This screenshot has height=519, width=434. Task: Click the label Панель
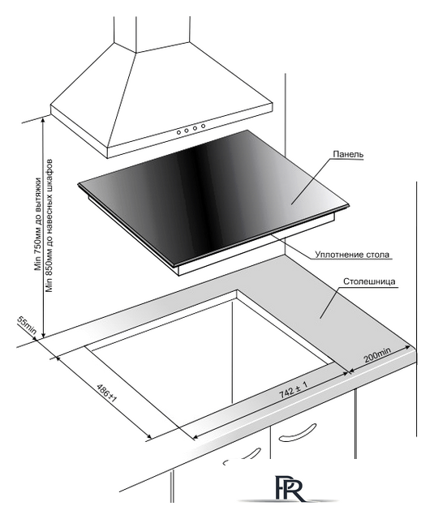348,154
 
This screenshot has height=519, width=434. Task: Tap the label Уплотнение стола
352,255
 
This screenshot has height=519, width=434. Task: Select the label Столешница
369,281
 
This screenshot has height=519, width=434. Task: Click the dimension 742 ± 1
294,389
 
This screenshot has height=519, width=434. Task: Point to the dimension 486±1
106,393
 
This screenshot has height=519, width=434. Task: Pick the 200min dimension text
377,355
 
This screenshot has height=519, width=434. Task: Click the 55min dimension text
27,325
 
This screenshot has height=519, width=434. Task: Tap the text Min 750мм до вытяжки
38,225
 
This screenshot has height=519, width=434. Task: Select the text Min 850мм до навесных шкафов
49,226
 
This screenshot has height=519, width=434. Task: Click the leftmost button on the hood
178,132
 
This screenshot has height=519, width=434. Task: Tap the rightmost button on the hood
203,126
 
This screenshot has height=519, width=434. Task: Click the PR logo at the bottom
288,491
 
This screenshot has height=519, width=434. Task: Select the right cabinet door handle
297,432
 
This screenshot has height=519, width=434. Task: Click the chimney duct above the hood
152,34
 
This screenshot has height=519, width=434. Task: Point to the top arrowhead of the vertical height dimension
43,120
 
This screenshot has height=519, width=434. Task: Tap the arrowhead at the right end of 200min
408,347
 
